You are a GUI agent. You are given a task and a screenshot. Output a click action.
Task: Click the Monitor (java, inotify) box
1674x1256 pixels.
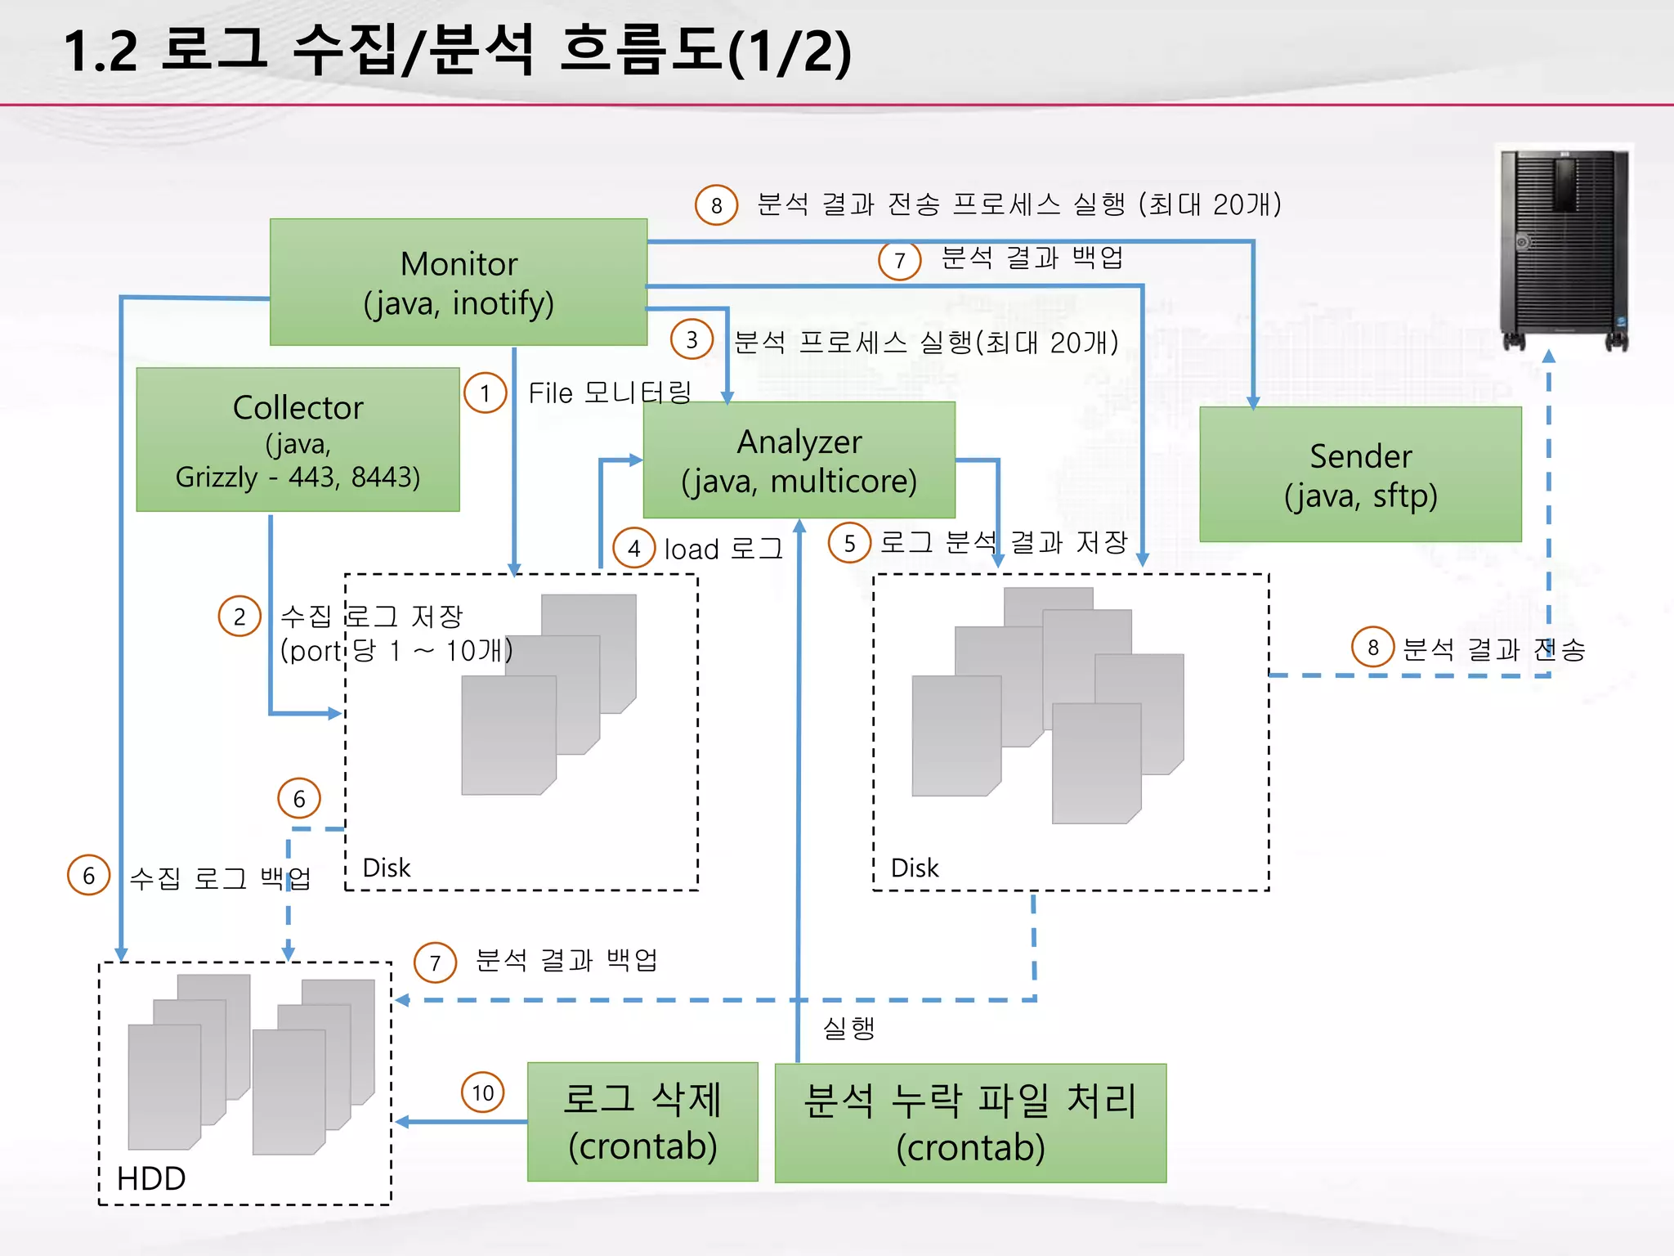click(459, 282)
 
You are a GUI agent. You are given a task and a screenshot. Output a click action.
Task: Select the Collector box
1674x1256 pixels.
click(298, 440)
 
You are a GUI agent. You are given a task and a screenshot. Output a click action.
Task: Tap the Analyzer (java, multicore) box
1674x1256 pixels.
click(799, 460)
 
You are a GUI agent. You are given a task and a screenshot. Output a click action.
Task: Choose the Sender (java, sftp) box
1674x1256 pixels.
click(1360, 474)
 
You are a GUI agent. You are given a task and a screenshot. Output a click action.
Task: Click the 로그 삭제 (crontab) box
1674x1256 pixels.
click(642, 1122)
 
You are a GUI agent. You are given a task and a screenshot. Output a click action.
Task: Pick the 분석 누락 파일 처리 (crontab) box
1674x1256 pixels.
click(970, 1123)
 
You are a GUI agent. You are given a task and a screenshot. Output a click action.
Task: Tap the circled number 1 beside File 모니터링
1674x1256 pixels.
click(486, 393)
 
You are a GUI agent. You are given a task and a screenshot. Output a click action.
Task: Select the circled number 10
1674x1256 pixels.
click(483, 1092)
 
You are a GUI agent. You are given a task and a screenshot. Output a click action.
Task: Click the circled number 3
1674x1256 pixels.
click(692, 339)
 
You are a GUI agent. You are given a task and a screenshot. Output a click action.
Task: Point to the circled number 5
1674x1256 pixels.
click(849, 543)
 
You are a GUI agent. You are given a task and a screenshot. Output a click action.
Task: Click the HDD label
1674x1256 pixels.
click(151, 1178)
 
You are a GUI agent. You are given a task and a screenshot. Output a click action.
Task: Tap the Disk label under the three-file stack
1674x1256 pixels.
click(386, 868)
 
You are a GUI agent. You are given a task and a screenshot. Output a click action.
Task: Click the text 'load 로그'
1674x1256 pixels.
click(723, 549)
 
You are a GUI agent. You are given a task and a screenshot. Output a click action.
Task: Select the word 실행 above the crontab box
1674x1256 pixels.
click(848, 1028)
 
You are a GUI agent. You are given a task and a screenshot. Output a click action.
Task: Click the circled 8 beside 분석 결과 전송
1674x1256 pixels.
click(1372, 648)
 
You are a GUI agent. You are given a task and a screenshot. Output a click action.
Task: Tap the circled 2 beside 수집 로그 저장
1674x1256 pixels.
click(239, 617)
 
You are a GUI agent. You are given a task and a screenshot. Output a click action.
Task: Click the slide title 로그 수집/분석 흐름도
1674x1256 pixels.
click(458, 51)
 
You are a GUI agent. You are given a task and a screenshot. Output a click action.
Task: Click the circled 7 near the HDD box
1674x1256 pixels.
click(435, 962)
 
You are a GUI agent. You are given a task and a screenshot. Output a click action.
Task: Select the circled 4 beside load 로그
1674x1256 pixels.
click(634, 549)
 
